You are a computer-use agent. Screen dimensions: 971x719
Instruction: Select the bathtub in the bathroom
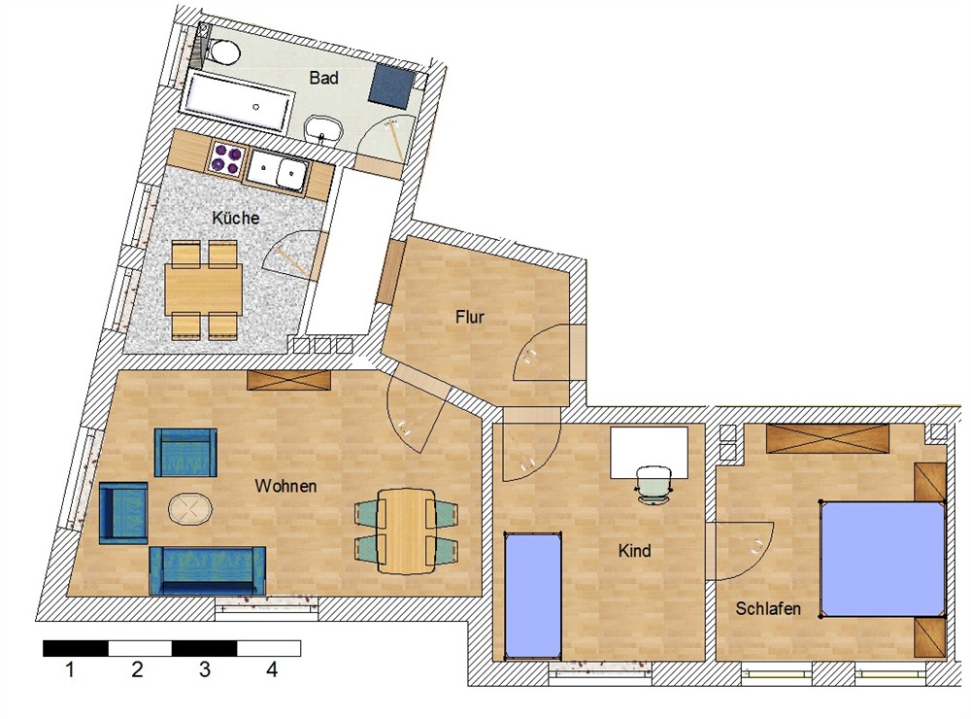point(239,101)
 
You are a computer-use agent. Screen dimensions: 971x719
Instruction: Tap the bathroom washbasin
point(323,129)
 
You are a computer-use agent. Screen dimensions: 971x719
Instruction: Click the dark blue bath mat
point(392,85)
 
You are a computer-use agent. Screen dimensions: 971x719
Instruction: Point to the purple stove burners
point(226,157)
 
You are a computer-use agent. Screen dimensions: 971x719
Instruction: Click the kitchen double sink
point(278,170)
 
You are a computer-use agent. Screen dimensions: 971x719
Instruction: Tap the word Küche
point(235,219)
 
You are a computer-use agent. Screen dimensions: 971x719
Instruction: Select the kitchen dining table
point(203,289)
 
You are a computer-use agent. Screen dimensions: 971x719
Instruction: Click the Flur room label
point(469,317)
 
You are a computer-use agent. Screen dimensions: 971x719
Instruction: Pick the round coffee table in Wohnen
point(189,509)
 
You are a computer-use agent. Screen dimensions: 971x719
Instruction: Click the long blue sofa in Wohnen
point(208,570)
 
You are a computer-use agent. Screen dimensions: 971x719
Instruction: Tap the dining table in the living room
point(406,531)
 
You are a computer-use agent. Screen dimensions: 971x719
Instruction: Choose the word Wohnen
point(285,486)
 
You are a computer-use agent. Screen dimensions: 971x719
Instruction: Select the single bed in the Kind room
point(533,596)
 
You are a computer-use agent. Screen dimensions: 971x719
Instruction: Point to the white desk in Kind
point(649,452)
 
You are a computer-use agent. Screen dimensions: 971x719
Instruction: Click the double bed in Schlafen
point(882,559)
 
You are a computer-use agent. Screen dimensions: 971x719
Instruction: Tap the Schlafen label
point(768,608)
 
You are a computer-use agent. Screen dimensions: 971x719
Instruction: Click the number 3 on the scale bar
point(204,669)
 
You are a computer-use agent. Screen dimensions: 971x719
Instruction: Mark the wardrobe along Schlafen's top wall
point(827,439)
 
